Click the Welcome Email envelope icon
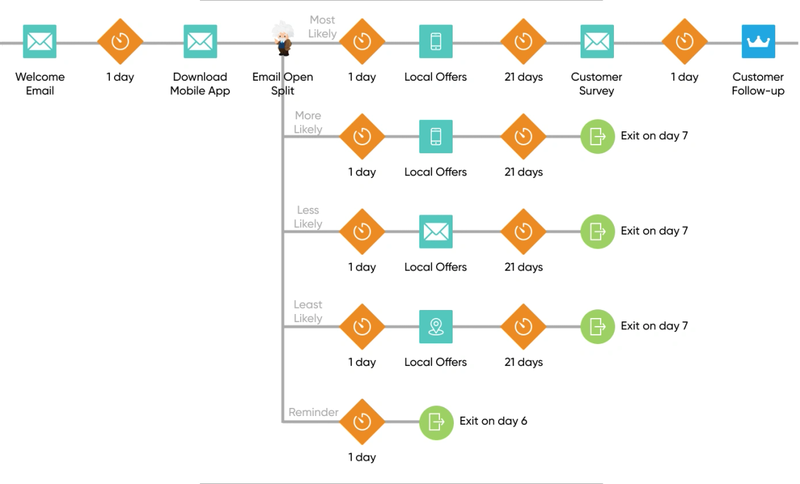pyautogui.click(x=39, y=41)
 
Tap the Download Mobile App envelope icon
pyautogui.click(x=201, y=41)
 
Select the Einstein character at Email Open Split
pyautogui.click(x=283, y=39)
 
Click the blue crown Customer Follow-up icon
pyautogui.click(x=758, y=41)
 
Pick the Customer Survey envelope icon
pyautogui.click(x=597, y=41)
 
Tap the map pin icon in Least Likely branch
pyautogui.click(x=436, y=327)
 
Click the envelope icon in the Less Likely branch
pyautogui.click(x=436, y=231)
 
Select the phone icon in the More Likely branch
pyautogui.click(x=436, y=137)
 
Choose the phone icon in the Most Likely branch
pyautogui.click(x=436, y=41)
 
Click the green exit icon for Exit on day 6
pyautogui.click(x=436, y=423)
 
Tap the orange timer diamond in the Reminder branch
pyautogui.click(x=362, y=422)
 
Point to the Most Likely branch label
pyautogui.click(x=322, y=27)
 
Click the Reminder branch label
pyautogui.click(x=313, y=412)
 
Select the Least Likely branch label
pyautogui.click(x=308, y=311)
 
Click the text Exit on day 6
pyautogui.click(x=493, y=421)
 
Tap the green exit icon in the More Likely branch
pyautogui.click(x=597, y=137)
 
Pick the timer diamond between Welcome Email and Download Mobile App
pyautogui.click(x=121, y=41)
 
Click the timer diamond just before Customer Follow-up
pyautogui.click(x=685, y=41)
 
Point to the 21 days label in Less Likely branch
pyautogui.click(x=523, y=267)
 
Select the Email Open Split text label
pyautogui.click(x=283, y=83)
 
